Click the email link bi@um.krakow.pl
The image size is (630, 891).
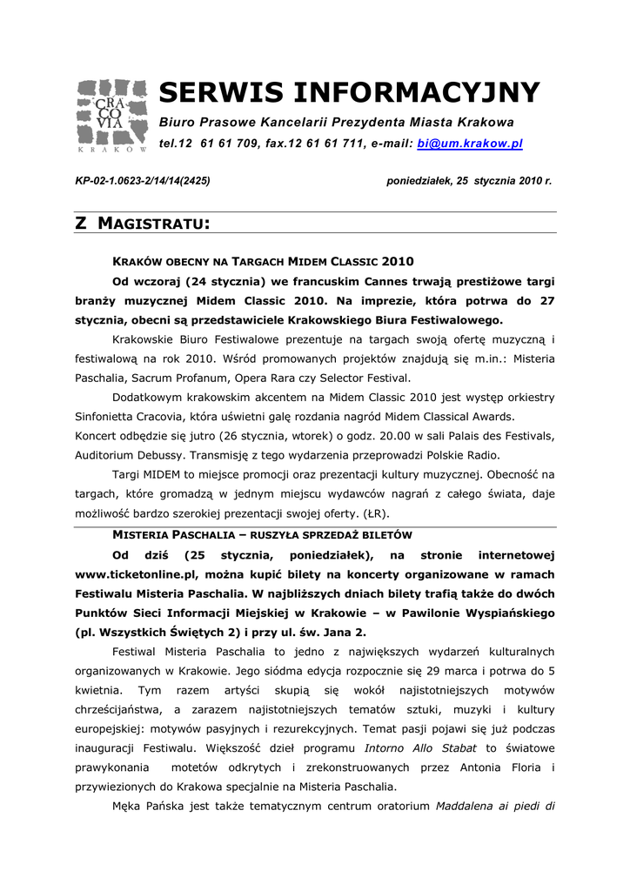(x=470, y=143)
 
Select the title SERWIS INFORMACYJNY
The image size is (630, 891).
(x=349, y=92)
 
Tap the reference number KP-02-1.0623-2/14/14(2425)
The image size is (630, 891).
(x=143, y=181)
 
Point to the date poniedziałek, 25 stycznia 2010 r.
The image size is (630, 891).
(x=469, y=181)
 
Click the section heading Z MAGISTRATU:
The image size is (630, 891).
(x=144, y=224)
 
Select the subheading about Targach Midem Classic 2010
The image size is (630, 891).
(x=265, y=261)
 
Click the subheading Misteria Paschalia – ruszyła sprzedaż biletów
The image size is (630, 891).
(x=263, y=533)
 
